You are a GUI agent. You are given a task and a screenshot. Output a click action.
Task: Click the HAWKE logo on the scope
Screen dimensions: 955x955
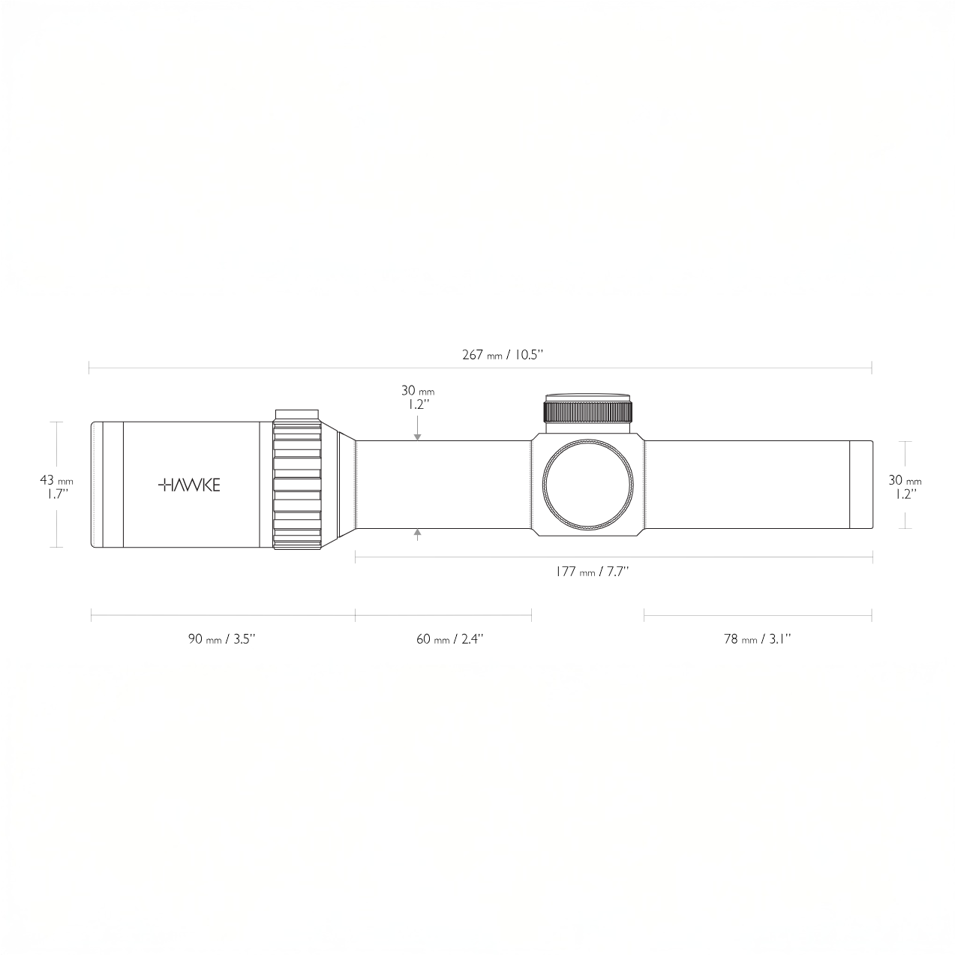coord(189,485)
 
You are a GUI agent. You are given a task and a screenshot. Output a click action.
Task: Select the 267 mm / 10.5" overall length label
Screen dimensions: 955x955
coord(503,355)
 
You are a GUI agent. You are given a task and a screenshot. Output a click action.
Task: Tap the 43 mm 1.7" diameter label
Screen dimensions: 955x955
coord(56,487)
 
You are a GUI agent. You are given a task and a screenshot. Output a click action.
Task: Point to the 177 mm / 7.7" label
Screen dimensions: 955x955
coord(592,572)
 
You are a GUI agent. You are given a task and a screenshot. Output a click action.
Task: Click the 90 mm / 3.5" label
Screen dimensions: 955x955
coord(221,639)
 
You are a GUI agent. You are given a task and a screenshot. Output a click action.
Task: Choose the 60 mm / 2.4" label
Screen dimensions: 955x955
coord(449,639)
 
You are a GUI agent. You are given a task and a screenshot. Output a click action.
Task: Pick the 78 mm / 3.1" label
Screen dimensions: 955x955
coord(757,639)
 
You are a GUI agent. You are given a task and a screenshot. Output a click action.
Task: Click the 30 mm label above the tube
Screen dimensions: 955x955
coord(418,398)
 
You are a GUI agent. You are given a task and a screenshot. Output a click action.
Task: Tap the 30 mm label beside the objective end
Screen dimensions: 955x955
coord(905,487)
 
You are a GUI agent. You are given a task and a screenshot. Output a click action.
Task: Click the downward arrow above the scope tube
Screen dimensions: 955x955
coord(418,428)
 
